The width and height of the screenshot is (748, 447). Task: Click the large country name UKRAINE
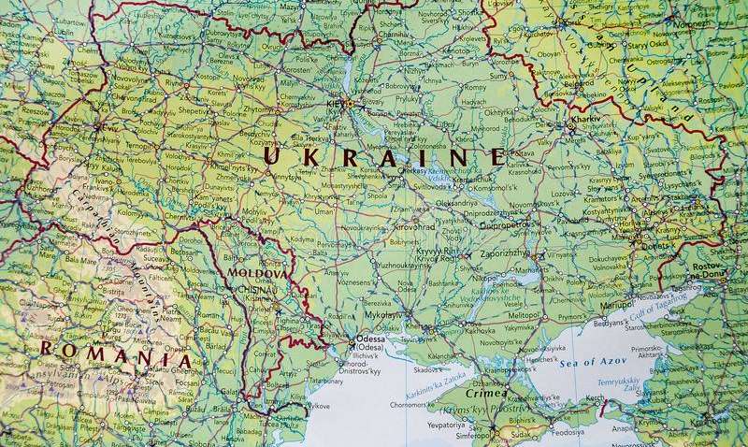[x=383, y=156]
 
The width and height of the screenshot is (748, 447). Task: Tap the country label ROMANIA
[x=115, y=357]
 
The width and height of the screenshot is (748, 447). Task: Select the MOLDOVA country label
[x=258, y=273]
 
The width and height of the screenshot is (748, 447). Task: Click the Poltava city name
[x=524, y=153]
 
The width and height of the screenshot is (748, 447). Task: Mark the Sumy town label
[x=498, y=75]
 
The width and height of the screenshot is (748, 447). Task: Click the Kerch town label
[x=595, y=399]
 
